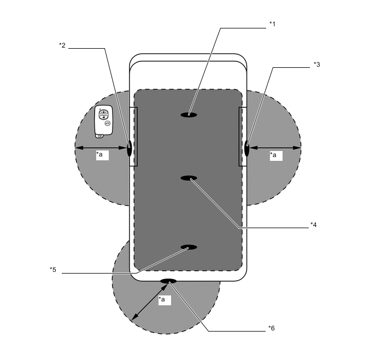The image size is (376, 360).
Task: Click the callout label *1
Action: tap(272, 24)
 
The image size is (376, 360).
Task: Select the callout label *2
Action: tap(62, 45)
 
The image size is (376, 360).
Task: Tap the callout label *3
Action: tap(317, 65)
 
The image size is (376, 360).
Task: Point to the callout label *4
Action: tap(313, 225)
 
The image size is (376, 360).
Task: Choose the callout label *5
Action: tap(53, 270)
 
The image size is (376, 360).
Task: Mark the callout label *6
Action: tap(272, 328)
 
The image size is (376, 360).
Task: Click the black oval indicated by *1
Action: tap(189, 115)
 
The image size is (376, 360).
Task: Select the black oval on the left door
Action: tap(129, 148)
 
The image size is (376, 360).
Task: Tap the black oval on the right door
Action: tap(247, 148)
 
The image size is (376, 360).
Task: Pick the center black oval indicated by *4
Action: tap(189, 178)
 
